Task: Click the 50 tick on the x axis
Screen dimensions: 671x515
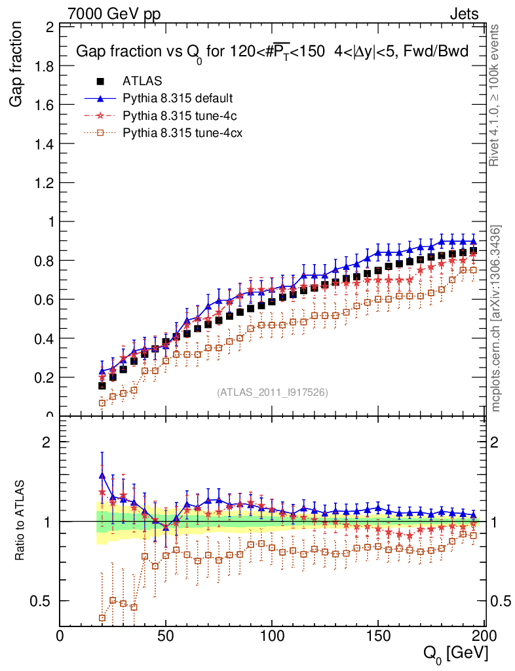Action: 166,636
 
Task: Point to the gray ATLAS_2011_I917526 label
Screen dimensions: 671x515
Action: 273,393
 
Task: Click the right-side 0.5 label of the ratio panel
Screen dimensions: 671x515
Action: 499,601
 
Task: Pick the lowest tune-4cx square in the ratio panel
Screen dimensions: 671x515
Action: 102,618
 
